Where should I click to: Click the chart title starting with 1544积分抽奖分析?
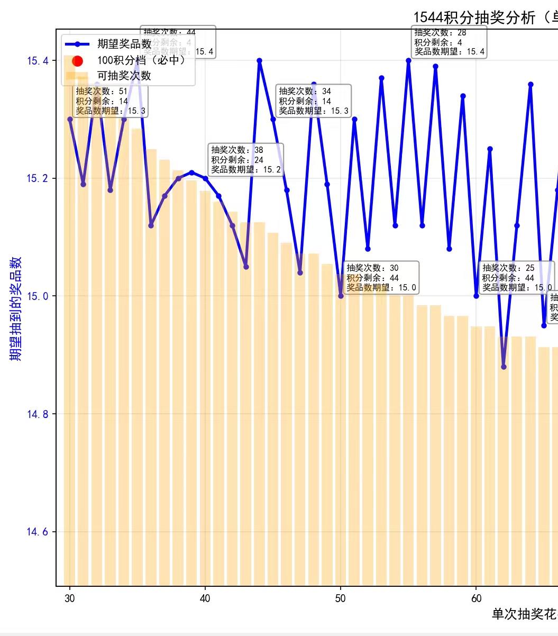pos(484,18)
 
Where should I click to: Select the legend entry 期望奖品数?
pos(124,44)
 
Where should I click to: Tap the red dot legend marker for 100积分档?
pos(78,60)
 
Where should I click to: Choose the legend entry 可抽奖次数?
pos(124,76)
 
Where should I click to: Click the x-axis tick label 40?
pos(205,598)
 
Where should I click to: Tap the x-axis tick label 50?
pos(341,598)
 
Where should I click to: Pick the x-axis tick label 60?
pos(476,598)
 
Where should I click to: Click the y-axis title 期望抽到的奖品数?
pos(16,309)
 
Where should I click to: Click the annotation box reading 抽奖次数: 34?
pos(314,101)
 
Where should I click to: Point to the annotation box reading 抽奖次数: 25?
pos(516,278)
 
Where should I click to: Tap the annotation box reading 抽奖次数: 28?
pos(449,42)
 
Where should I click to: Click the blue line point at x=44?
pos(259,60)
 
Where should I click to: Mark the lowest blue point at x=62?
pos(504,367)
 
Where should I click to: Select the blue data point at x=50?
pos(341,296)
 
